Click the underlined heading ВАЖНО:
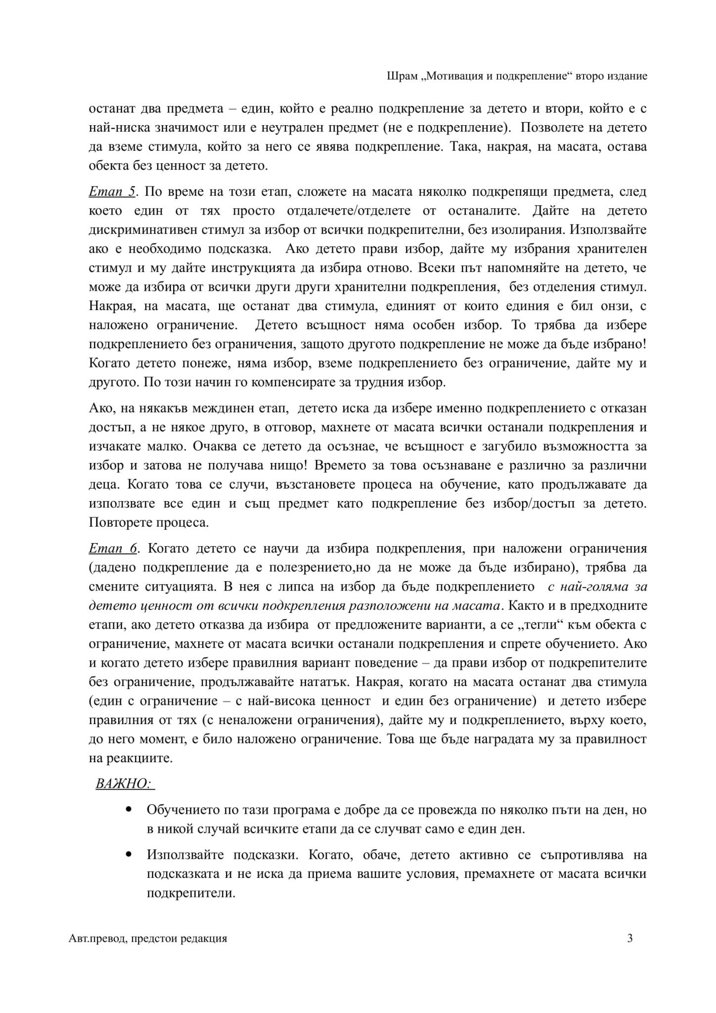(124, 784)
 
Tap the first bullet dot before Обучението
(130, 810)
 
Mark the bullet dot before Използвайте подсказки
(130, 854)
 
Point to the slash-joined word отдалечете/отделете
(349, 211)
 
